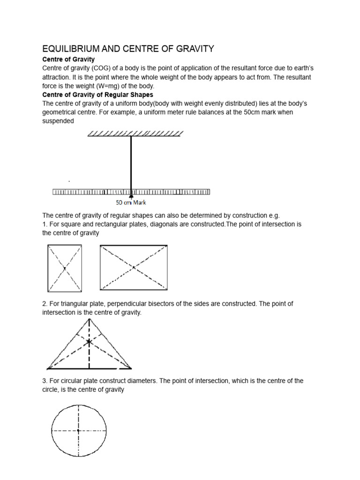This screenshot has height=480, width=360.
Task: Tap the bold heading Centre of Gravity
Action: click(x=68, y=60)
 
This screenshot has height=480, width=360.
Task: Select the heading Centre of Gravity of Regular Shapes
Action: click(x=97, y=95)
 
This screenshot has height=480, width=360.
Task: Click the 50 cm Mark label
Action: click(x=131, y=203)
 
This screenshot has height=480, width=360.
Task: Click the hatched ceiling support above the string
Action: click(x=134, y=134)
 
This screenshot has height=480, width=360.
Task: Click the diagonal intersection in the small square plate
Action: click(x=64, y=268)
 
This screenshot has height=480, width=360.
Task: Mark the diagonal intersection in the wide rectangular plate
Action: click(x=134, y=267)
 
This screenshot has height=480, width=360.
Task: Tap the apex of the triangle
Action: click(x=89, y=319)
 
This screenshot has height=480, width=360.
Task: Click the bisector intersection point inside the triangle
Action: click(x=89, y=342)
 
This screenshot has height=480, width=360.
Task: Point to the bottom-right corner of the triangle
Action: click(x=131, y=369)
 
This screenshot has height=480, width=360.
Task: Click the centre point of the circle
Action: click(x=78, y=430)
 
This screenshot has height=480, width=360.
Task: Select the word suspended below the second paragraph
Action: click(x=58, y=121)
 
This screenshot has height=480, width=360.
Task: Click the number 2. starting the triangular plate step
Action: click(x=45, y=304)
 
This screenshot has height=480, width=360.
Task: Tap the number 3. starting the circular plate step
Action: click(x=45, y=381)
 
